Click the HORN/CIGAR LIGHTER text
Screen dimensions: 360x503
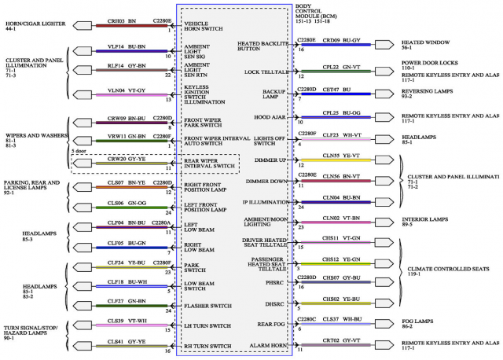pyautogui.click(x=32, y=26)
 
